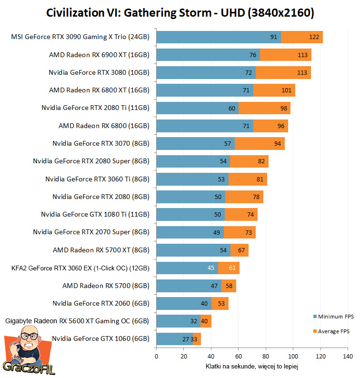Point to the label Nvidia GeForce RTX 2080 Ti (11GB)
[95, 108]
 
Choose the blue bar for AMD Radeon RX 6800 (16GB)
[205, 126]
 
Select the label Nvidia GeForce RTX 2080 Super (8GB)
[91, 161]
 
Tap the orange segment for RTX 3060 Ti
[248, 179]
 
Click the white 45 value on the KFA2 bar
[211, 268]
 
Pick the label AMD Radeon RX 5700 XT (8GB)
[101, 250]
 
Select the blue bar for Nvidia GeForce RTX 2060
[184, 303]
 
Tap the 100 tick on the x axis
[293, 356]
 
